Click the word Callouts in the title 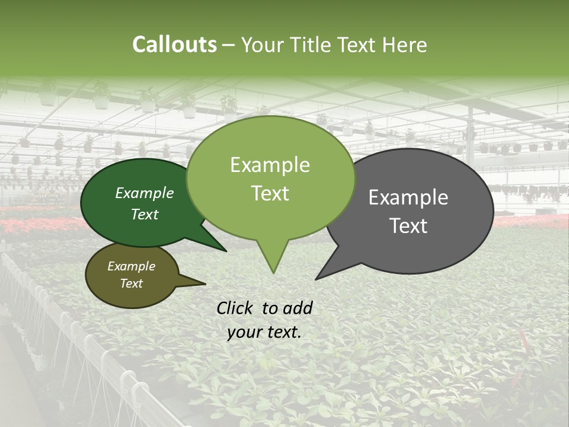(x=174, y=44)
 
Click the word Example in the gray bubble (x=408, y=197)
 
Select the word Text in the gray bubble (x=408, y=226)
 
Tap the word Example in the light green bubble (x=270, y=165)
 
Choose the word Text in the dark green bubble (x=145, y=214)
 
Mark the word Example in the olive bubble (x=131, y=266)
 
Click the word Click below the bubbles (x=236, y=308)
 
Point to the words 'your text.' (x=264, y=332)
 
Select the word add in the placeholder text (x=298, y=308)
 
